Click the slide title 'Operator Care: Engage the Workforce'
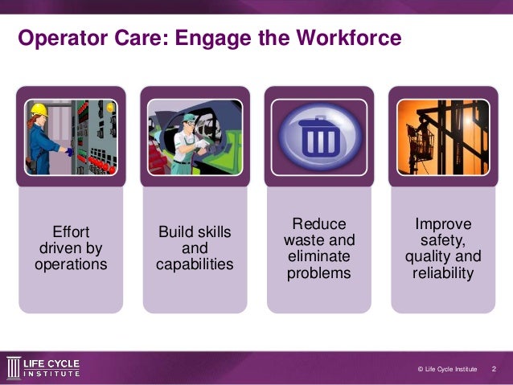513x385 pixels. [209, 38]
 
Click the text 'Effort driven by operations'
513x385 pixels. [71, 248]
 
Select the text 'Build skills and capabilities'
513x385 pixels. [195, 248]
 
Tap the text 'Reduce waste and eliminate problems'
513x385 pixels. [318, 248]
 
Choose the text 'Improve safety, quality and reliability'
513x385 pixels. [443, 248]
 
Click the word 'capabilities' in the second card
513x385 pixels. [195, 264]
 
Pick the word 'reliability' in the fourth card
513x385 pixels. [443, 273]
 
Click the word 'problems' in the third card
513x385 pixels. [318, 273]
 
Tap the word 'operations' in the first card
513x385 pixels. [71, 264]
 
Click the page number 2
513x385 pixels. [494, 369]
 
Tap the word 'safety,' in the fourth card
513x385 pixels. [443, 240]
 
